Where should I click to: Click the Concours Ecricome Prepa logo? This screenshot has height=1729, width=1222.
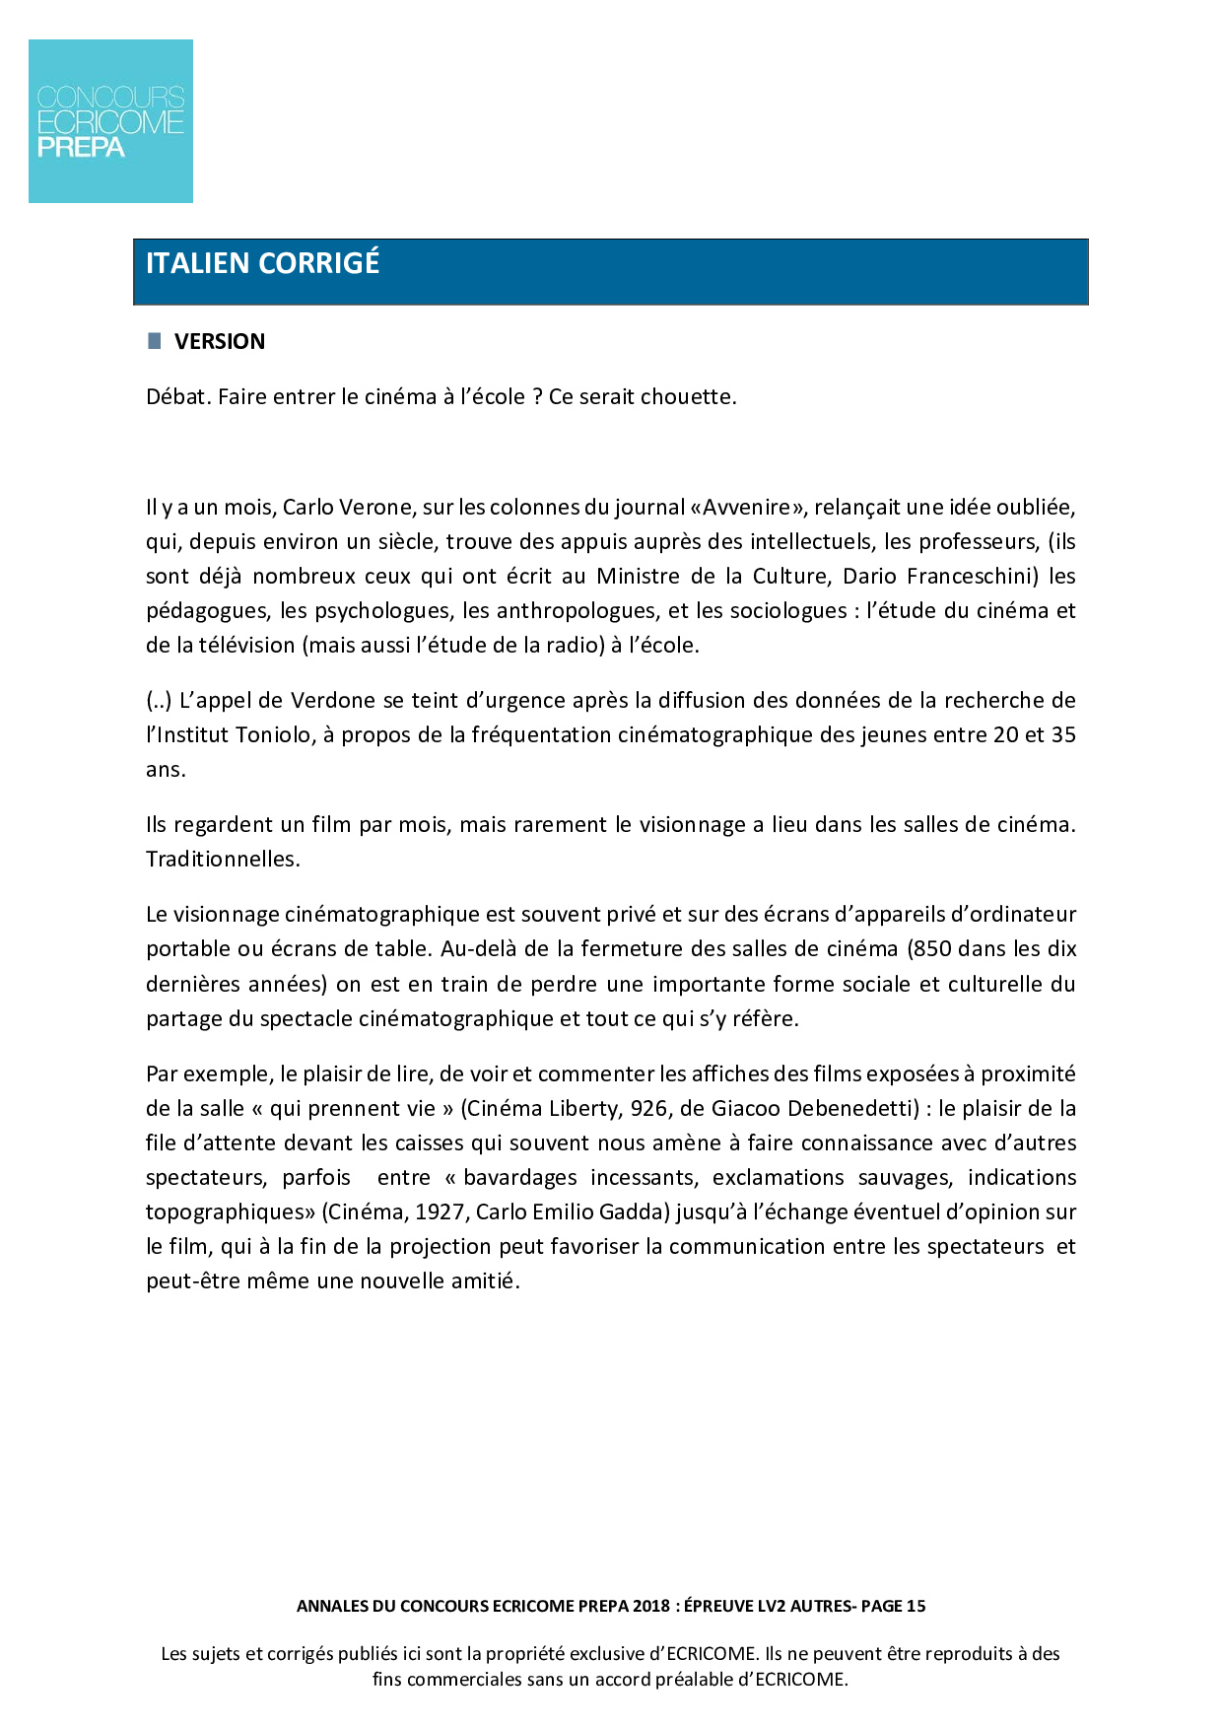click(x=110, y=121)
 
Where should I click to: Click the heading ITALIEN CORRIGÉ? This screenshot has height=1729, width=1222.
click(x=262, y=263)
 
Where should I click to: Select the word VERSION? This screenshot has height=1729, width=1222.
click(x=220, y=341)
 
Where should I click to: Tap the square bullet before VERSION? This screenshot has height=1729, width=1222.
click(x=154, y=341)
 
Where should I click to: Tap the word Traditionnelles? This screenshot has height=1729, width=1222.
click(x=223, y=859)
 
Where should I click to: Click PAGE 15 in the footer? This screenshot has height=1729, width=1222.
click(x=893, y=1606)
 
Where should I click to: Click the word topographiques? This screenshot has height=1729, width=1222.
click(x=231, y=1211)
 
